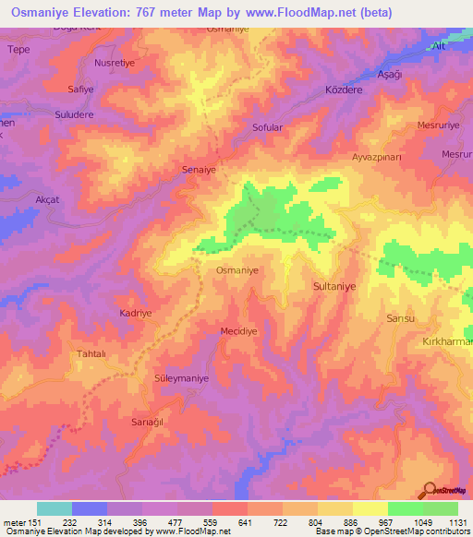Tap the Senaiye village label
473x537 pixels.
200,171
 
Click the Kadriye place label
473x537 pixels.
136,313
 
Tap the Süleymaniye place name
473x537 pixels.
181,378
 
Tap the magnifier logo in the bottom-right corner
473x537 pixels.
431,489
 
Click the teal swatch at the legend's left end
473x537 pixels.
55,508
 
